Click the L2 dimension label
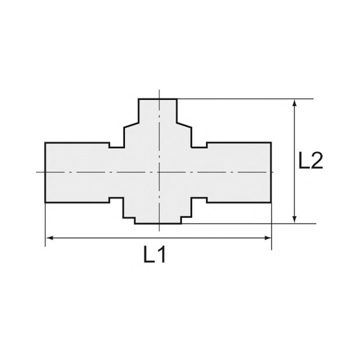point(311,160)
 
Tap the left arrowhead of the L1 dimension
point(49,238)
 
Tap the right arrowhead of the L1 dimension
point(268,238)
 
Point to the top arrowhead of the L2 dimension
point(295,103)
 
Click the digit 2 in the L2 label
point(317,160)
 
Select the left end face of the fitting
point(45,173)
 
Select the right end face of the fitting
point(271,173)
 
